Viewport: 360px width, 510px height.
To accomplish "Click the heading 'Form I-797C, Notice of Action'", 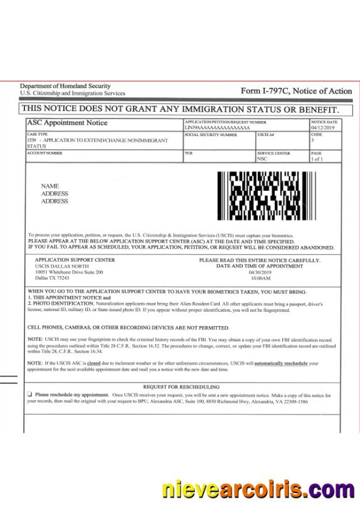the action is [296, 92].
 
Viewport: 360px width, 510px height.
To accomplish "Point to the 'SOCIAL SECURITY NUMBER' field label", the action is [211, 135].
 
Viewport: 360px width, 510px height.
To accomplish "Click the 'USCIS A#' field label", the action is [265, 135].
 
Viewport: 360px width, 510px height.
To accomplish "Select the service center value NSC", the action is [262, 159].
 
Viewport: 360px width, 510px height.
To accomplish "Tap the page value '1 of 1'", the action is [317, 159].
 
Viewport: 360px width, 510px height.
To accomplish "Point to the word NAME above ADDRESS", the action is [50, 186].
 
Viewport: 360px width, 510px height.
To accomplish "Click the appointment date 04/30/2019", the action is [260, 272].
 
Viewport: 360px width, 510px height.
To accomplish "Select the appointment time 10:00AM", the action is [260, 278].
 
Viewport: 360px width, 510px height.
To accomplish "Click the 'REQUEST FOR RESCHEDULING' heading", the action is [181, 386].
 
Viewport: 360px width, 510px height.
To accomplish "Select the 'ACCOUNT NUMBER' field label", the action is [45, 152].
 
